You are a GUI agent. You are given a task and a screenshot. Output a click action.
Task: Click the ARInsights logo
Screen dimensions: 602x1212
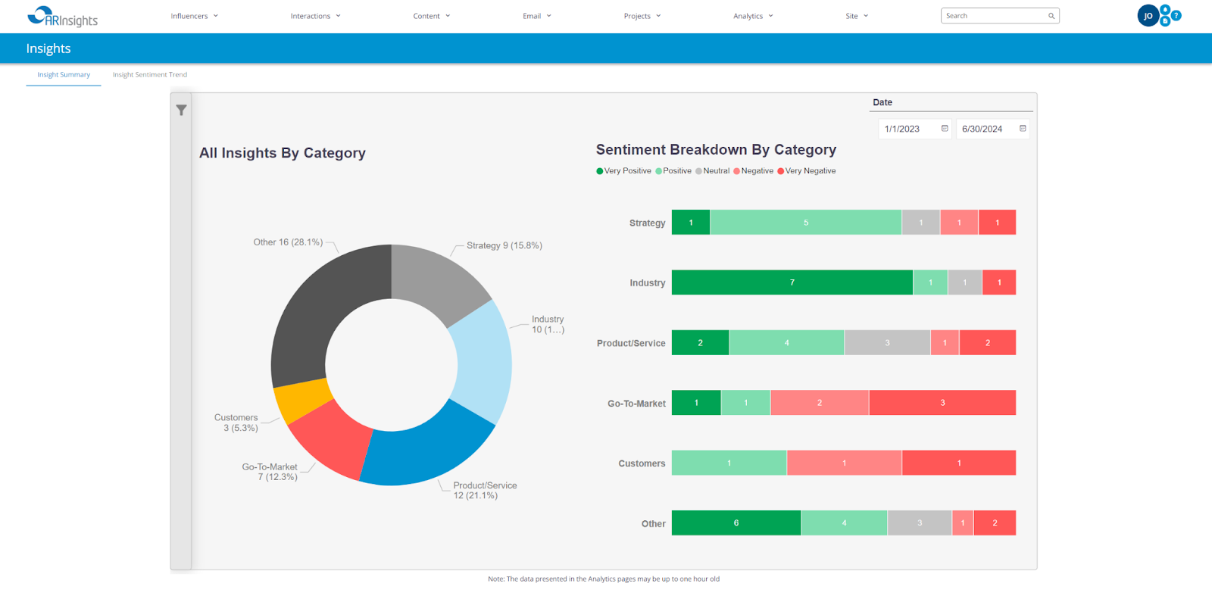[x=62, y=17]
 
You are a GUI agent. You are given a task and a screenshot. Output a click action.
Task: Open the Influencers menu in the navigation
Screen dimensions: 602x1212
[x=194, y=16]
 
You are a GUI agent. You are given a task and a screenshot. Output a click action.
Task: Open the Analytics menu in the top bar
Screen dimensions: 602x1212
[x=753, y=16]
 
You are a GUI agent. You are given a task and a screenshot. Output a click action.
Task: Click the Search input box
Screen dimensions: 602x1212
[x=994, y=16]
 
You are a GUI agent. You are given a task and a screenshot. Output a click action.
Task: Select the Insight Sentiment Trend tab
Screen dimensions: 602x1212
[x=149, y=75]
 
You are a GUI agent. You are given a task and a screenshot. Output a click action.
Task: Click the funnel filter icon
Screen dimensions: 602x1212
[x=181, y=111]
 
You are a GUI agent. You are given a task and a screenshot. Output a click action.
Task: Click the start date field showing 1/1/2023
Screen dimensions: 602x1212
[x=907, y=129]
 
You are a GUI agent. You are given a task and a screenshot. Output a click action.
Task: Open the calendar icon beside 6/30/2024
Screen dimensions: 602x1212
[x=1023, y=129]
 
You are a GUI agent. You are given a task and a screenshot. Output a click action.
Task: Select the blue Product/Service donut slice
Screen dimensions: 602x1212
[x=424, y=451]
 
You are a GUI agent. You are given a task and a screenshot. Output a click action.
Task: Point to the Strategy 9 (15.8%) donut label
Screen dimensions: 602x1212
[x=504, y=245]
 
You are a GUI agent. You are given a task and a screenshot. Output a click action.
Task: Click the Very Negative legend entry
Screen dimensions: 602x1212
[x=809, y=171]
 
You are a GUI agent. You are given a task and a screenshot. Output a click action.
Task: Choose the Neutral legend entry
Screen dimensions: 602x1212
[x=715, y=171]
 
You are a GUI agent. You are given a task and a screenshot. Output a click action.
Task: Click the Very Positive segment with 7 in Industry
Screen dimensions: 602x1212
[x=792, y=282]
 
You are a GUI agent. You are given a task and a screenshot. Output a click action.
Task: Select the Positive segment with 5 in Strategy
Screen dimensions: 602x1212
[x=805, y=223]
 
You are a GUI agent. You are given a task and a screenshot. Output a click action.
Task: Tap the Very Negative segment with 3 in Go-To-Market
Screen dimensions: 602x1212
[x=942, y=403]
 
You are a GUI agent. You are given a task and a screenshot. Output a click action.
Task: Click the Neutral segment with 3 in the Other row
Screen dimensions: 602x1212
[x=919, y=523]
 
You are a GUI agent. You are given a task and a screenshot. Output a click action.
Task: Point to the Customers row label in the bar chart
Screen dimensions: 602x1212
[x=642, y=463]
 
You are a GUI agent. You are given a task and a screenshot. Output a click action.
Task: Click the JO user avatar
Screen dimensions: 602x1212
[x=1148, y=16]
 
